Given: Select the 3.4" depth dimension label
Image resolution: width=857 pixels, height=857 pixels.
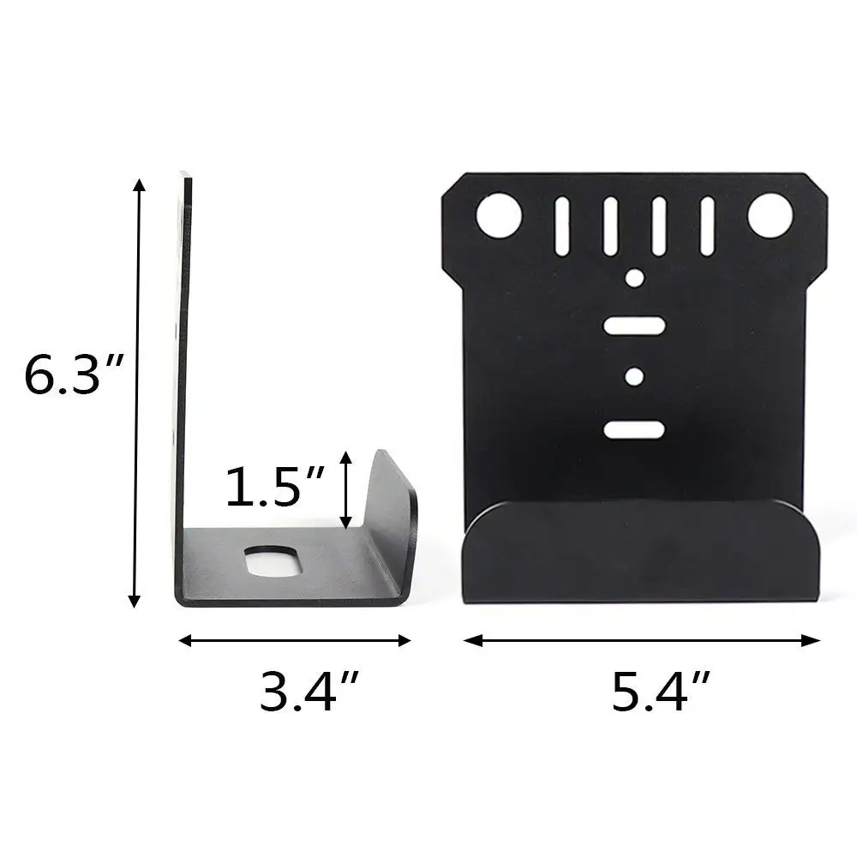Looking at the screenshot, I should (309, 691).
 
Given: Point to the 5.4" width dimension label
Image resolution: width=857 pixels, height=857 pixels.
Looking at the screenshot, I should (662, 691).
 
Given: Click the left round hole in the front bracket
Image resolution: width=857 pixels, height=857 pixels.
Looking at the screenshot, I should (500, 216).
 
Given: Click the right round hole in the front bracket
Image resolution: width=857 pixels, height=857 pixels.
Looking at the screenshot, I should (769, 216).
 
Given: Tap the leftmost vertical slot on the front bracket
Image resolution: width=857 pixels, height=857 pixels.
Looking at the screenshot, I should (562, 226).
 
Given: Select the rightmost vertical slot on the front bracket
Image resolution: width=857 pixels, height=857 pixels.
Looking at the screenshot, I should (708, 226).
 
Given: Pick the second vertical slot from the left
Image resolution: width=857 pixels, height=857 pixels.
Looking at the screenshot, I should (610, 226).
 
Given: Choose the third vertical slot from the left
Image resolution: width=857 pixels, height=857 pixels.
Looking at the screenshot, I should (659, 226).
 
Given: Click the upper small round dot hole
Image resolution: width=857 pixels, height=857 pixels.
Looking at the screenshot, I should (634, 278).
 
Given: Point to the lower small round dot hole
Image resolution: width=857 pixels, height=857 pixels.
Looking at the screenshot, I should (634, 376).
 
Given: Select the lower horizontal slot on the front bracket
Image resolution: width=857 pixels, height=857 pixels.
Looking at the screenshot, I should (634, 428).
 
